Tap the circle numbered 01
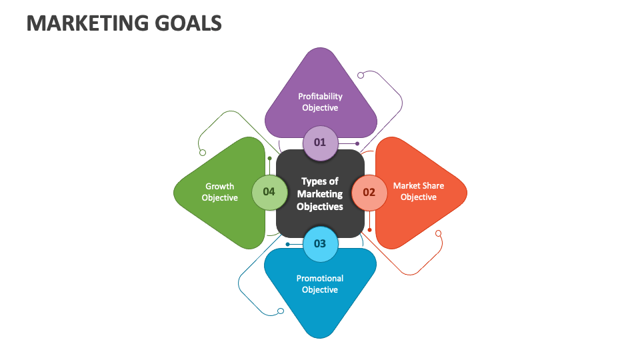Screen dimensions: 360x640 point(320,142)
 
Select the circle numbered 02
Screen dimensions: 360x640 point(369,192)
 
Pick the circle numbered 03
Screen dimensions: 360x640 point(320,243)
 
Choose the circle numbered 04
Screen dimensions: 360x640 point(269,192)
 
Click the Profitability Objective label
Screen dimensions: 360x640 point(320,102)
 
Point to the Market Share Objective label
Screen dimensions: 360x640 point(418,191)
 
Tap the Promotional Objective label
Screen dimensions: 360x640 point(320,284)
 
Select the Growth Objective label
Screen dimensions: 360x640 point(220,192)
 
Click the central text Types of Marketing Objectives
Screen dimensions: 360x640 point(320,193)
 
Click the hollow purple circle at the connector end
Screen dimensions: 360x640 point(361,75)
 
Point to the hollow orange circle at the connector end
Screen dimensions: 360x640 point(438,233)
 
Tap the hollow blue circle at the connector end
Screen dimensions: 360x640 point(280,311)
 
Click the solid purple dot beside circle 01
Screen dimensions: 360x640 point(357,143)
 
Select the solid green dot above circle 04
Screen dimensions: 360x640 point(269,159)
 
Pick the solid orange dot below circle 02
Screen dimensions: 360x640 point(369,230)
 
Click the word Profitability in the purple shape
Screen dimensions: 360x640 point(320,96)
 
